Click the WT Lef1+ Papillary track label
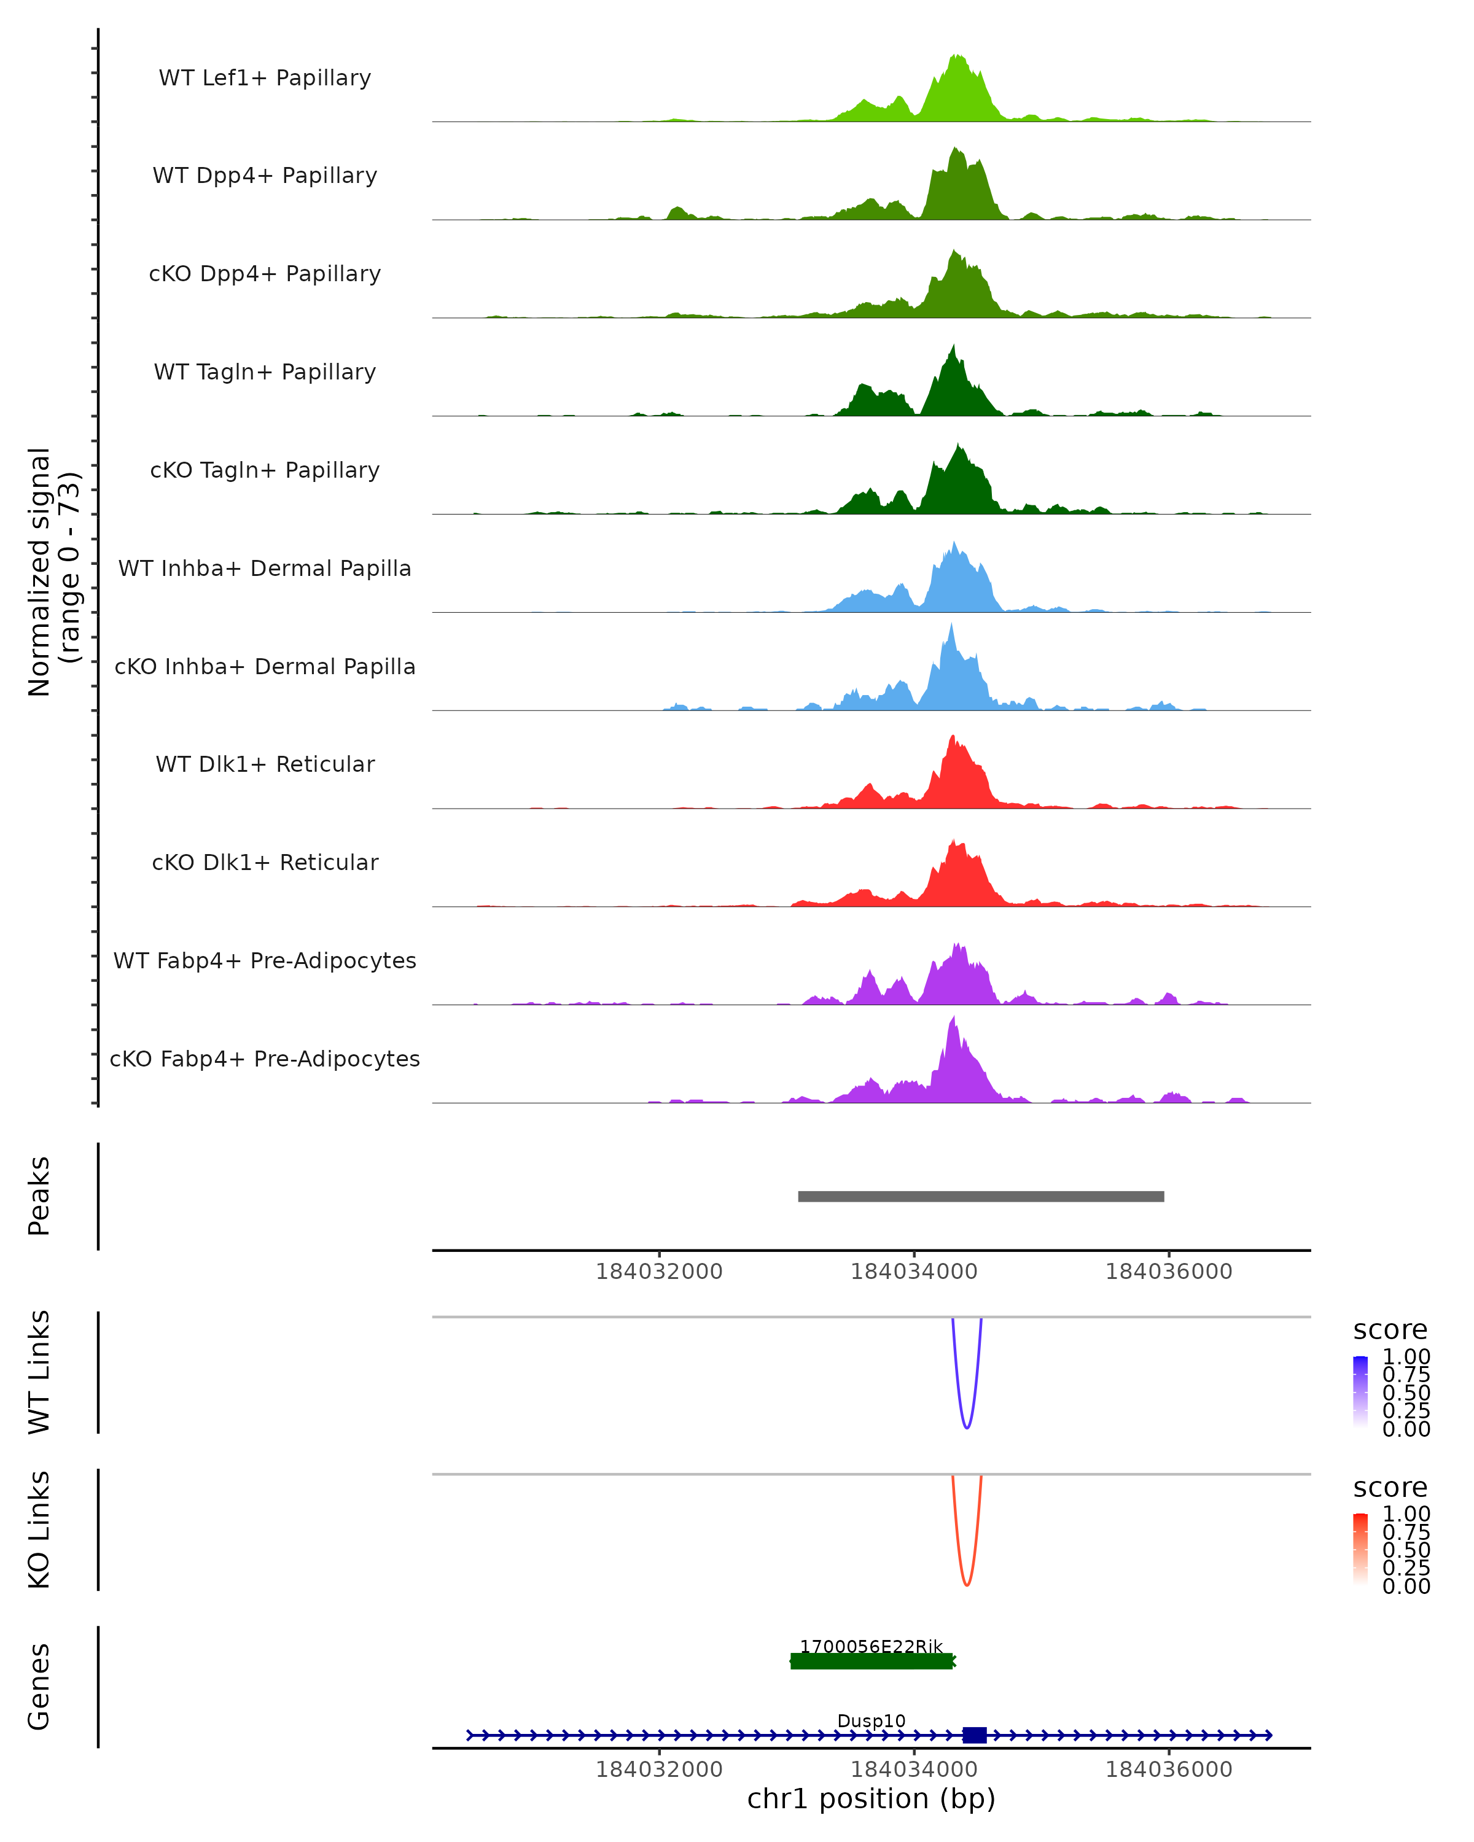click(265, 78)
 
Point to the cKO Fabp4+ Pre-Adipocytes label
click(265, 1059)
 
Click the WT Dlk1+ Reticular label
click(265, 764)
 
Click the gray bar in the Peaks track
click(980, 1196)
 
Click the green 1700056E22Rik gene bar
click(872, 1661)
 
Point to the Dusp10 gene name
click(871, 1720)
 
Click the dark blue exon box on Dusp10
click(974, 1735)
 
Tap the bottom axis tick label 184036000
click(1168, 1770)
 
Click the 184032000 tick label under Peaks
click(659, 1272)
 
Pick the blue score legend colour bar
click(1360, 1391)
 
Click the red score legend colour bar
click(1360, 1548)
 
